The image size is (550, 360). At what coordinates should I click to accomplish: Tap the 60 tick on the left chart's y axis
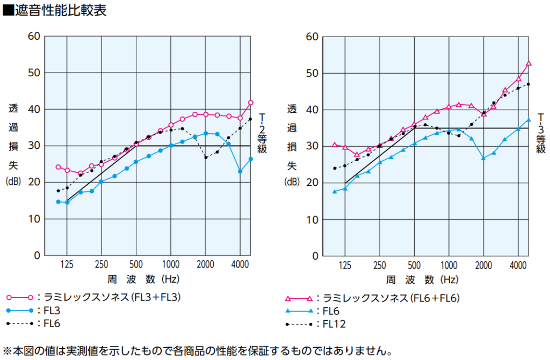pyautogui.click(x=34, y=36)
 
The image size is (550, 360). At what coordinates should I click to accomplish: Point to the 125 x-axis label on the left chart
pyautogui.click(x=67, y=265)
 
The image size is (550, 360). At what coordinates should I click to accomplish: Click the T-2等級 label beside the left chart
pyautogui.click(x=262, y=133)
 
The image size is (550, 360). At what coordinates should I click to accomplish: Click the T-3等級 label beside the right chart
pyautogui.click(x=540, y=133)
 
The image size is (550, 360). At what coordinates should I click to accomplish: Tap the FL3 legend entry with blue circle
pyautogui.click(x=50, y=310)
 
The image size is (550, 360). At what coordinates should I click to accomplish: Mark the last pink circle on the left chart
pyautogui.click(x=251, y=103)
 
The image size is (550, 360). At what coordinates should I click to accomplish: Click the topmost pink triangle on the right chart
pyautogui.click(x=529, y=63)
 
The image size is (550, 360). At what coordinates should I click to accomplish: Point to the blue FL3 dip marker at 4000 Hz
pyautogui.click(x=240, y=171)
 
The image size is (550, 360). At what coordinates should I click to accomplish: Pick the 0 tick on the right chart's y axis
pyautogui.click(x=315, y=256)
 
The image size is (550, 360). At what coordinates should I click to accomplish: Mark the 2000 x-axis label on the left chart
pyautogui.click(x=205, y=265)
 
